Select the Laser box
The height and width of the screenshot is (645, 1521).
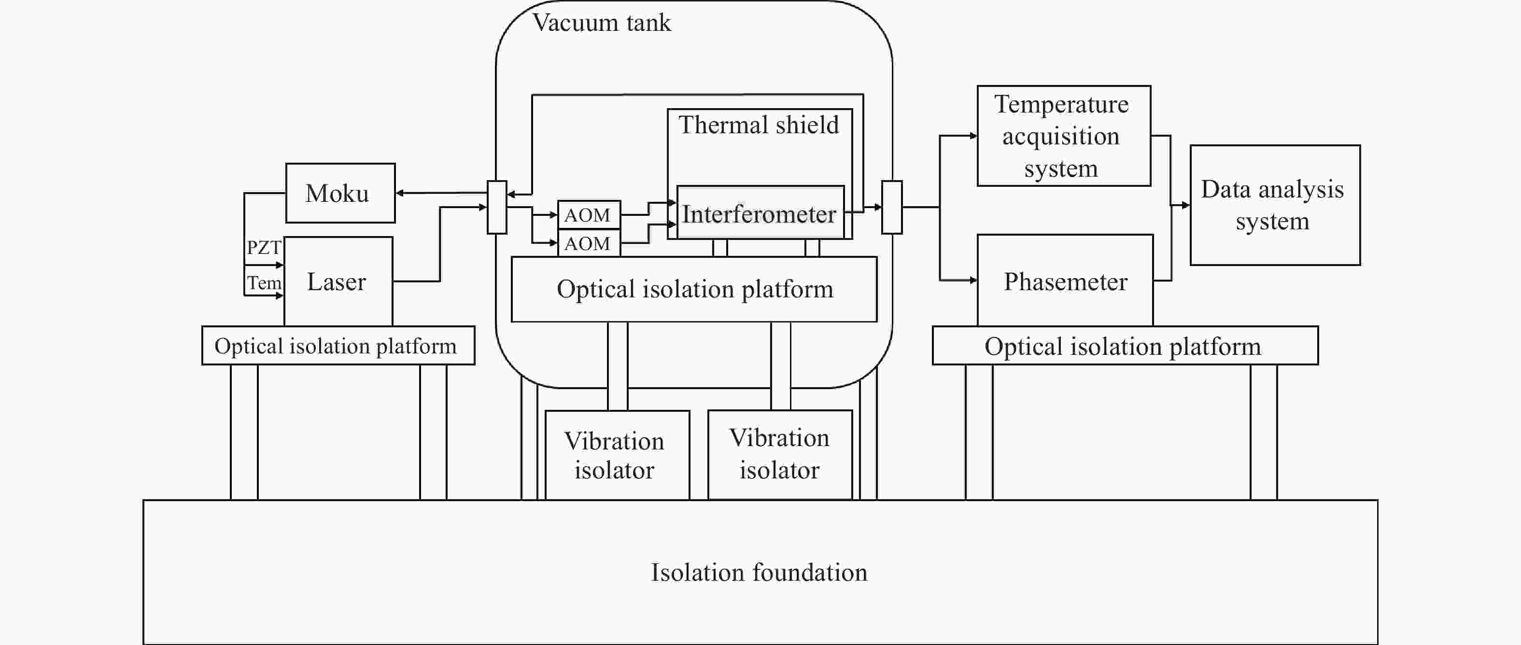pyautogui.click(x=338, y=281)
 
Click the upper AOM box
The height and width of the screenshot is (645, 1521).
pyautogui.click(x=589, y=215)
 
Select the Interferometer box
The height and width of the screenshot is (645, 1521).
pyautogui.click(x=760, y=212)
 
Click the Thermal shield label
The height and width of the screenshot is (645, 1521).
pyautogui.click(x=758, y=125)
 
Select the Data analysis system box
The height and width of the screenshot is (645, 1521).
pyautogui.click(x=1275, y=205)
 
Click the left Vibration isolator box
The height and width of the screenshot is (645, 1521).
pyautogui.click(x=617, y=455)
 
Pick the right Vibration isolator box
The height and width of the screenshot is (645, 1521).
pyautogui.click(x=780, y=455)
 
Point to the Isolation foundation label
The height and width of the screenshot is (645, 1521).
pyautogui.click(x=760, y=573)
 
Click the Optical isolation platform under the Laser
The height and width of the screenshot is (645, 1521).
pyautogui.click(x=338, y=345)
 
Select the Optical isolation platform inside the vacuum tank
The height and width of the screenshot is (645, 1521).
pyautogui.click(x=694, y=289)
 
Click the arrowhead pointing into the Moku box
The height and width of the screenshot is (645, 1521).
pyautogui.click(x=400, y=193)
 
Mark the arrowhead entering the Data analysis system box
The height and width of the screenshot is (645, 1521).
pyautogui.click(x=1185, y=205)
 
